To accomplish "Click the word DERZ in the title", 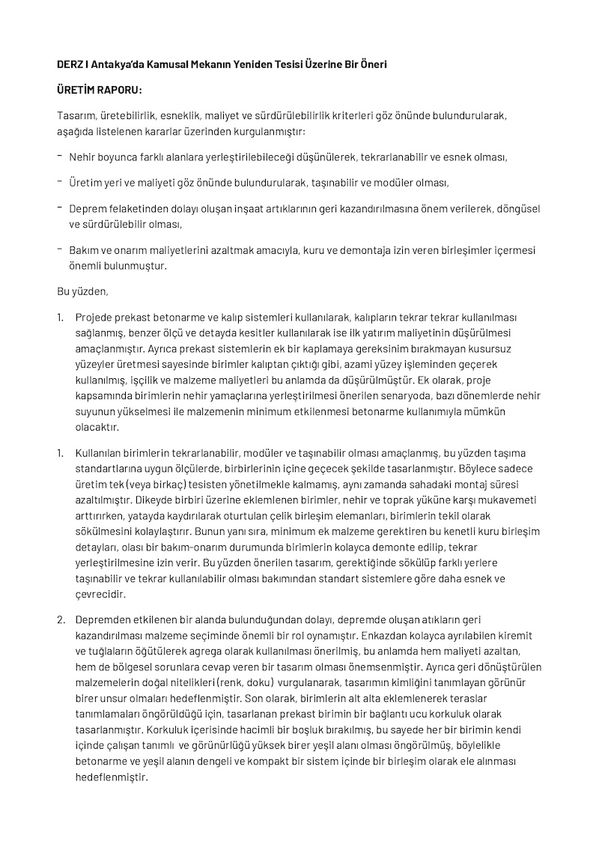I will click(x=71, y=65).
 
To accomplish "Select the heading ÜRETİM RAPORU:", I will click(x=99, y=91).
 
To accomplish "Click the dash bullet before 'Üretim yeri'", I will click(x=60, y=182).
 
